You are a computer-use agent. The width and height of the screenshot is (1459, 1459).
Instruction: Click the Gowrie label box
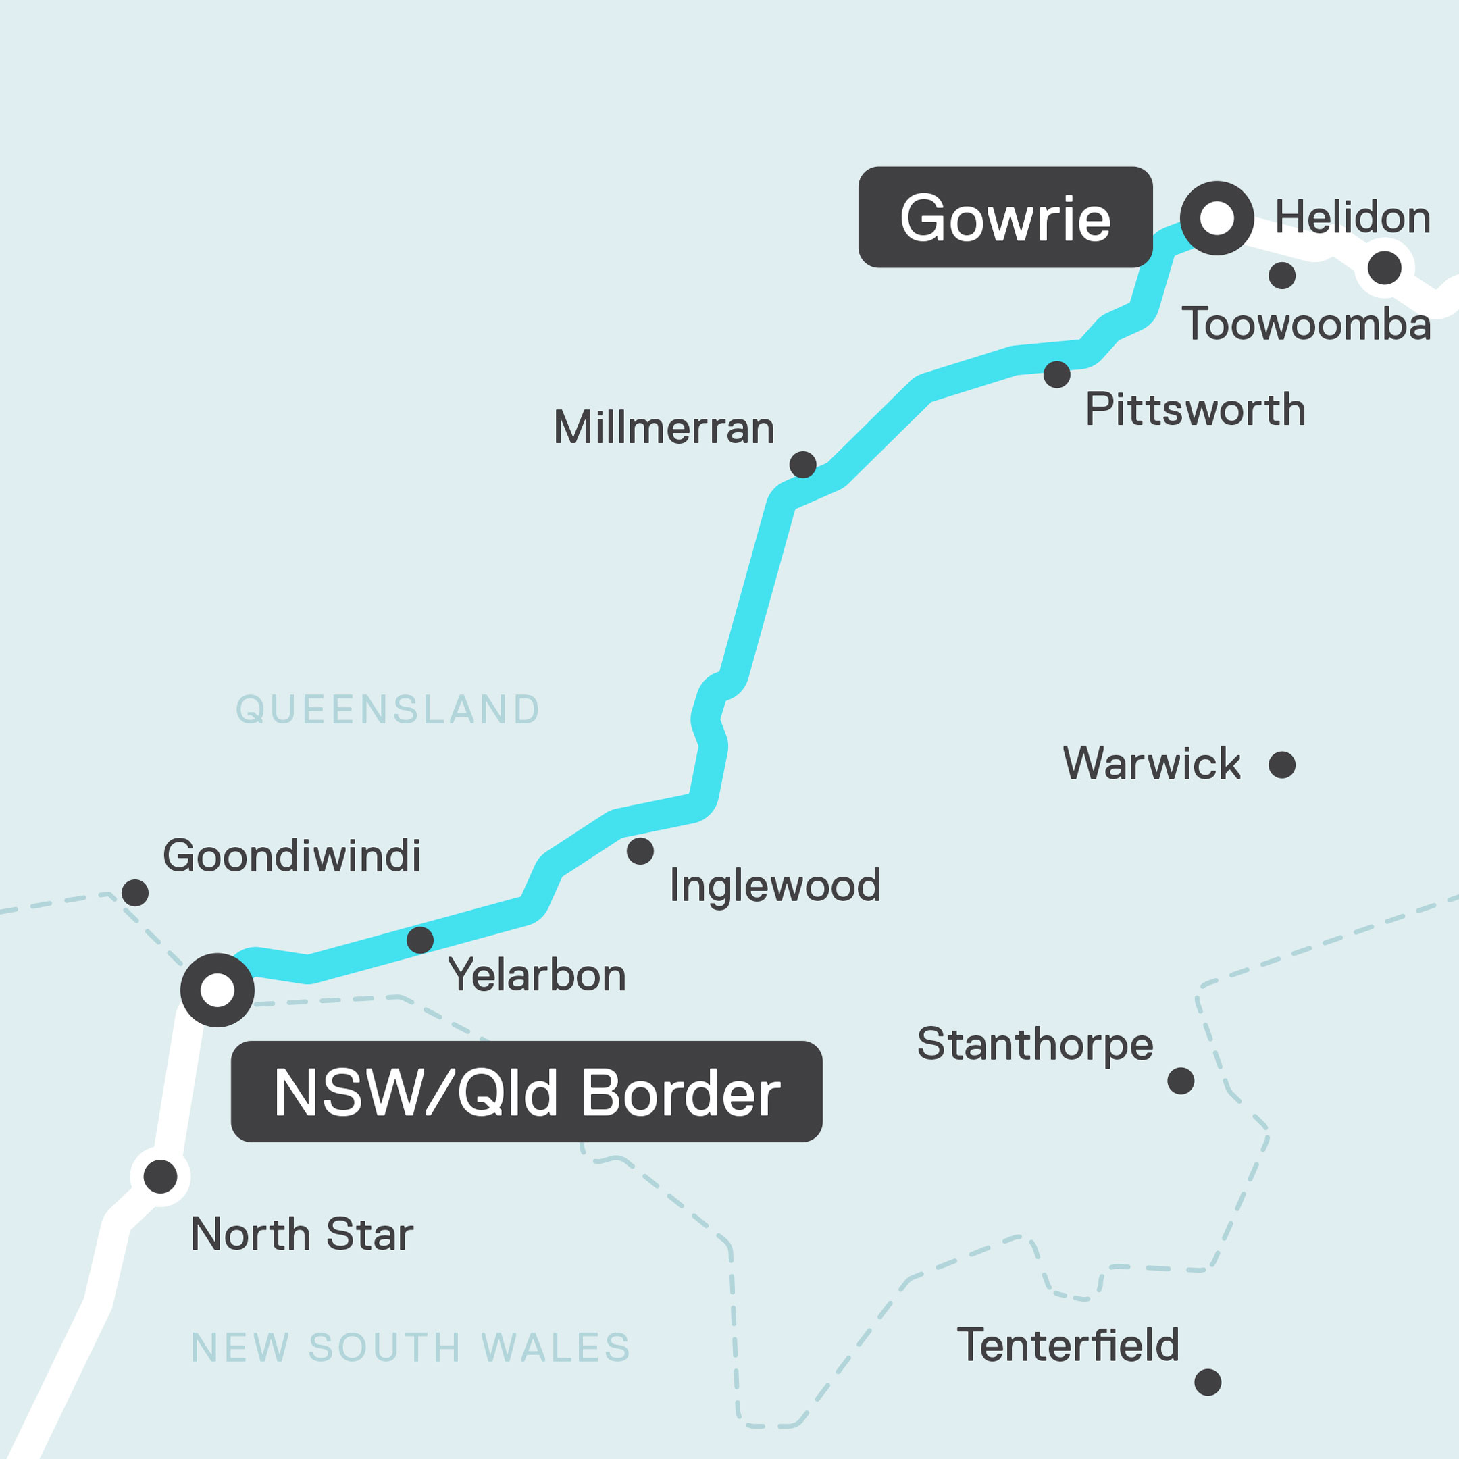point(1005,217)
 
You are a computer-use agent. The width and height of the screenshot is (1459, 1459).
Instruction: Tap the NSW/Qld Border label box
point(526,1092)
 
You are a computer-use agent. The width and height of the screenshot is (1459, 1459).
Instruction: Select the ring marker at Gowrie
point(1217,218)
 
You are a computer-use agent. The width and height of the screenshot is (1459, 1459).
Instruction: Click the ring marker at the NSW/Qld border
point(217,990)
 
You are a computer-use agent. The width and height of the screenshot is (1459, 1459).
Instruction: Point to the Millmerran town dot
point(802,465)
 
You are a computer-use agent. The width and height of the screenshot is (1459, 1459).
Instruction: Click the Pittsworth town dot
point(1056,374)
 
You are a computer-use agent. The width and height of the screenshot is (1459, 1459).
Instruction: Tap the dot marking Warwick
point(1282,765)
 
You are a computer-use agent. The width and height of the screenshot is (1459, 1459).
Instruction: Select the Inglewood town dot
point(640,851)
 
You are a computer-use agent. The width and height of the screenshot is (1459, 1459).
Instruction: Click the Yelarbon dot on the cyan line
point(420,940)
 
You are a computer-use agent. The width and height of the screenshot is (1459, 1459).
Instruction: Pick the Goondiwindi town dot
point(135,892)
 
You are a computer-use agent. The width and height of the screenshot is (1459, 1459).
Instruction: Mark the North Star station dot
point(160,1177)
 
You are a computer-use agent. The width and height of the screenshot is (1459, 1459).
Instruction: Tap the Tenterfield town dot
point(1208,1382)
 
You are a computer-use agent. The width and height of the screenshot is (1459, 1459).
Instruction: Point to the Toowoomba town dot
point(1282,276)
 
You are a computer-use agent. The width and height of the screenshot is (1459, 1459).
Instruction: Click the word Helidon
point(1352,217)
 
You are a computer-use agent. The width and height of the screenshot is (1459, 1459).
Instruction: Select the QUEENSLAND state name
point(388,710)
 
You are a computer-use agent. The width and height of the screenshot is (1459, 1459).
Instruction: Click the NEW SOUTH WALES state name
point(411,1348)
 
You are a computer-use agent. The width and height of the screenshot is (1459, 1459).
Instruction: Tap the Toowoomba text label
point(1306,325)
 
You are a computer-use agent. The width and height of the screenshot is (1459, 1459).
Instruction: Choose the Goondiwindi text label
point(292,856)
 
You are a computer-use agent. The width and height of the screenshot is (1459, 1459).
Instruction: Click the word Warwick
point(1152,763)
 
